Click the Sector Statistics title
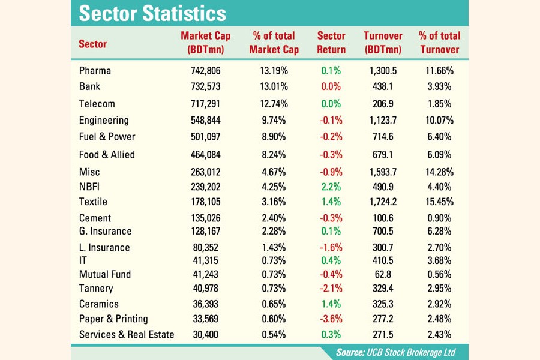(152, 13)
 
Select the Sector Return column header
(331, 43)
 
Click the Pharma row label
(95, 71)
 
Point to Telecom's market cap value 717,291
(206, 104)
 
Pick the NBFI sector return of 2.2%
(331, 186)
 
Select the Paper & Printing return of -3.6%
(331, 319)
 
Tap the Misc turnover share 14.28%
(439, 173)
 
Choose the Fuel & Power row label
(107, 137)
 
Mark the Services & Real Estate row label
(127, 334)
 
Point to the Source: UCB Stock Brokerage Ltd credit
(403, 352)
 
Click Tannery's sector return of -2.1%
(331, 289)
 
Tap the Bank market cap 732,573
(206, 86)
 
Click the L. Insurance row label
(104, 247)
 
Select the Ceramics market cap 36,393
(206, 304)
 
